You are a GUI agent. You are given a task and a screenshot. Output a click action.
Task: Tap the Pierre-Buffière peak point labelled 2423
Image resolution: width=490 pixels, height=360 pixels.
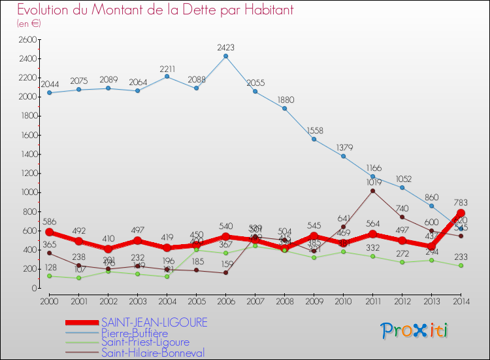(x=225, y=56)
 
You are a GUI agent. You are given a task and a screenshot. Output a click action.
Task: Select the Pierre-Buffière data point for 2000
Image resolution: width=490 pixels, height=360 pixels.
(x=49, y=92)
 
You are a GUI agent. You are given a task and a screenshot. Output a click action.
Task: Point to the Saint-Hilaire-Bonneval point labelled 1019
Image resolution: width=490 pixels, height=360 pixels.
(x=372, y=190)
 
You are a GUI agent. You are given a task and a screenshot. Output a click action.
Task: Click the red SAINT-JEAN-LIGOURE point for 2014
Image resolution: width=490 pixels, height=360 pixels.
(x=461, y=213)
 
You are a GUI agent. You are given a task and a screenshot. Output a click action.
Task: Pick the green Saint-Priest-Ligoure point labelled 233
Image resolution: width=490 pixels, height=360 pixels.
(x=461, y=266)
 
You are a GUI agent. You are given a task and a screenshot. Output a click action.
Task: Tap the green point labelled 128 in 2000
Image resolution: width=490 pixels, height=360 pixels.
(x=49, y=276)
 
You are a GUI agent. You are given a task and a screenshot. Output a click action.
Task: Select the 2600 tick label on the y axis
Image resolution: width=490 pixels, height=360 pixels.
(x=27, y=39)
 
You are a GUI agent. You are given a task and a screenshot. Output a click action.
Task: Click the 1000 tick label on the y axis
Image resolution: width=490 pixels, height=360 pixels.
(x=27, y=192)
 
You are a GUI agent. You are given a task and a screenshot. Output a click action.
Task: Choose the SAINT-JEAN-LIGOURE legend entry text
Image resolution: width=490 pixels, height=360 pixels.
(x=154, y=323)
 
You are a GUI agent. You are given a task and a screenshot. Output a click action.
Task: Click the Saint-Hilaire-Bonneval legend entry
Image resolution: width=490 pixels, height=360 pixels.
(x=153, y=353)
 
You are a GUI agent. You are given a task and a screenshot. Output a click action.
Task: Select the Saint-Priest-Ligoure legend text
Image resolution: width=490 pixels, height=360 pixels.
(x=145, y=342)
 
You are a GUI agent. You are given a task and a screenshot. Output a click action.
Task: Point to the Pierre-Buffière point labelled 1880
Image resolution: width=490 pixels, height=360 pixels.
(x=284, y=108)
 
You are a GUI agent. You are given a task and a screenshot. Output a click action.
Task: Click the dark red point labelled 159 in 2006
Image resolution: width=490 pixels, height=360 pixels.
(x=225, y=273)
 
